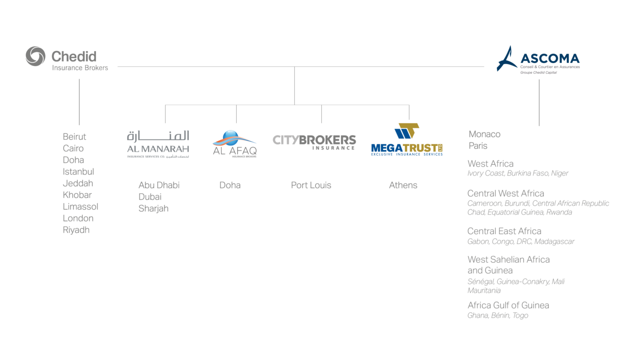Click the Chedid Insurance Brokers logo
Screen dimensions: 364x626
click(x=67, y=57)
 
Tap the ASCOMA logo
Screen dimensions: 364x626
click(x=538, y=60)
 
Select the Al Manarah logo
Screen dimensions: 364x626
click(x=158, y=144)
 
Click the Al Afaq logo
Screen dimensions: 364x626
click(x=235, y=144)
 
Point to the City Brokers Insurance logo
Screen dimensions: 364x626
click(x=314, y=142)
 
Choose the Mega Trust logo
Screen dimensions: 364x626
click(x=407, y=140)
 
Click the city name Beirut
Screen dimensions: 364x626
click(x=74, y=137)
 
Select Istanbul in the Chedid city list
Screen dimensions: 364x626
click(x=78, y=171)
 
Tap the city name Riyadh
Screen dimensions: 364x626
click(x=76, y=230)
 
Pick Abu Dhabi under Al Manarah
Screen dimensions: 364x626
click(x=159, y=185)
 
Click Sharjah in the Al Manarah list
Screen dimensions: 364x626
click(x=154, y=209)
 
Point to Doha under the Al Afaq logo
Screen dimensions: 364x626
click(x=230, y=185)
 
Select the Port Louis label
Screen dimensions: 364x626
click(x=311, y=185)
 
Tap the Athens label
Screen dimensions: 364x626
click(x=403, y=185)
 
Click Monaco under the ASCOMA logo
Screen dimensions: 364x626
click(x=485, y=134)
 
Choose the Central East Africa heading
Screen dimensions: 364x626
click(x=504, y=231)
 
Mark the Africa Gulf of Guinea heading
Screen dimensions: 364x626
click(x=508, y=305)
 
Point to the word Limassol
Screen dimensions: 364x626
click(x=81, y=207)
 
